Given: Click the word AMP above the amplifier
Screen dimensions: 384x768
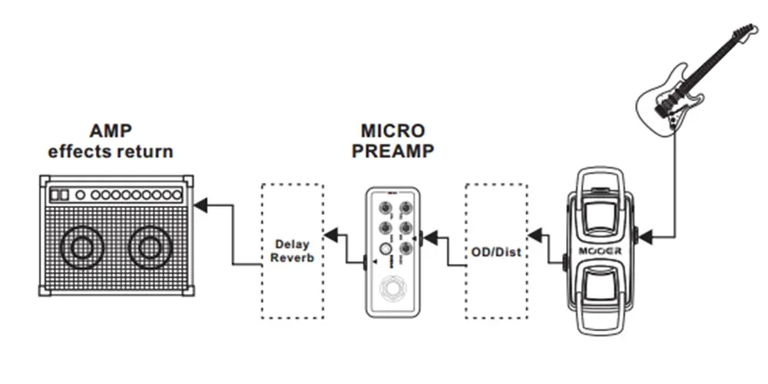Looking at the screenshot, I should coord(111,131).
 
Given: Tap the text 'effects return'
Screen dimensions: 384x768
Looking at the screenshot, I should coord(111,151).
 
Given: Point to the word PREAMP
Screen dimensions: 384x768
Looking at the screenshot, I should coord(392,151).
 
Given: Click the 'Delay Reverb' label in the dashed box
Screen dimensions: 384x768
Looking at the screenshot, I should coord(292,251).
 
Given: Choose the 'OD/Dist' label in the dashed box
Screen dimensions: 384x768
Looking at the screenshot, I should coord(496,251).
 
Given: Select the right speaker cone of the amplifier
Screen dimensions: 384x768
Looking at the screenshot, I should coord(149,247).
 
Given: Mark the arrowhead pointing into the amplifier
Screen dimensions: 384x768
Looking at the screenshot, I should coord(200,205).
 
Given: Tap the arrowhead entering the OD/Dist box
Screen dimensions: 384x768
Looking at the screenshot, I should coord(535,232).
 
